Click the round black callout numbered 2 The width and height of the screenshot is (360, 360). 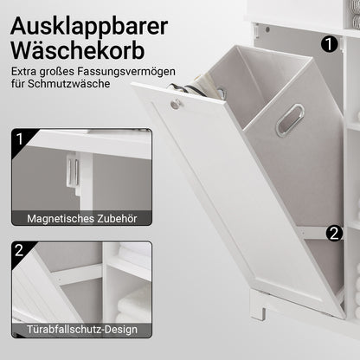[334, 233]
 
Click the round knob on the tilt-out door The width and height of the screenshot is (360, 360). [176, 105]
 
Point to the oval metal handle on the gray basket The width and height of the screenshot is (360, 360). [289, 119]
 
